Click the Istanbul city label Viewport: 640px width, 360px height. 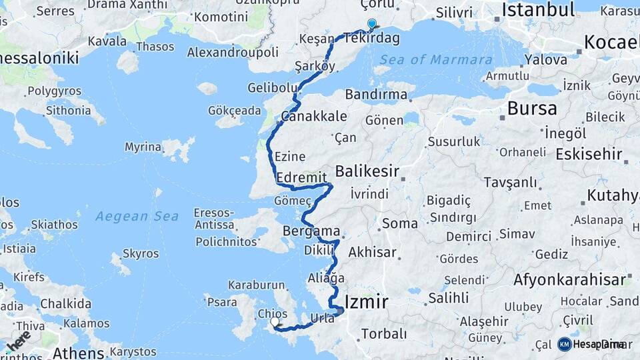pos(538,10)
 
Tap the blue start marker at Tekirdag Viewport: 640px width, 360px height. pos(371,24)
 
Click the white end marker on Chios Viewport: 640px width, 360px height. pos(275,322)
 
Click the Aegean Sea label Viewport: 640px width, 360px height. pos(137,216)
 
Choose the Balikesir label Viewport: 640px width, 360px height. pos(367,172)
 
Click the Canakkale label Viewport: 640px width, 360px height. pos(314,117)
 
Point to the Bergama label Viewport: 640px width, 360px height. pos(311,231)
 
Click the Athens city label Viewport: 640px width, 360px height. pos(78,353)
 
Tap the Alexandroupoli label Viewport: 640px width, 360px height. pos(233,52)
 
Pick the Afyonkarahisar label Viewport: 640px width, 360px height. pos(570,279)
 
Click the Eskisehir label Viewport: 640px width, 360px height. pos(589,155)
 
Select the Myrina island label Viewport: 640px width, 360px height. pos(143,147)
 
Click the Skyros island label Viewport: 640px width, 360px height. pos(141,254)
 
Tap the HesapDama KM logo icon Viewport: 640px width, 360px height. pos(565,344)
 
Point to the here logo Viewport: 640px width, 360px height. pos(19,341)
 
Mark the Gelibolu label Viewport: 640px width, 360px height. pos(272,88)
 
